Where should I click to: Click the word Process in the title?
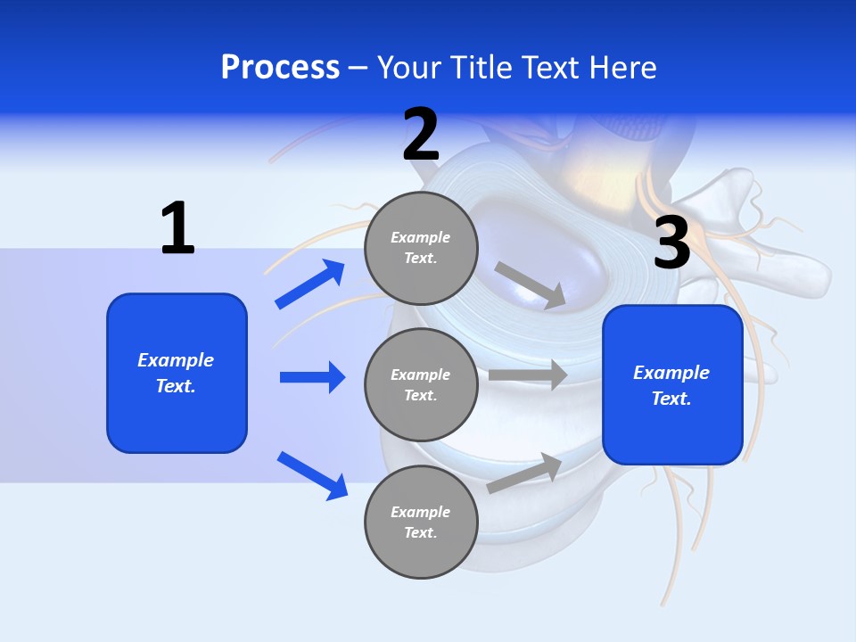click(280, 68)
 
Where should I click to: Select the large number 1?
click(177, 228)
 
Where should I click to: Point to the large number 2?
click(421, 135)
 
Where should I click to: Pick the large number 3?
click(671, 242)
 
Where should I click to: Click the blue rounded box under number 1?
click(177, 373)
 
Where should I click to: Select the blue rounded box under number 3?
click(672, 385)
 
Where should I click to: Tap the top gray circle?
click(421, 248)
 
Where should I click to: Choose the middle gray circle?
click(421, 384)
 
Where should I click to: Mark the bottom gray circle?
click(421, 522)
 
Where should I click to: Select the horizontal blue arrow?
click(312, 377)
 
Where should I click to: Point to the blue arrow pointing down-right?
click(312, 475)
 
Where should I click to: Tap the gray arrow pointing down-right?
click(531, 285)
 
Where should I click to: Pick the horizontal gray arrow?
click(528, 374)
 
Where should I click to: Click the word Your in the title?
click(407, 68)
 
